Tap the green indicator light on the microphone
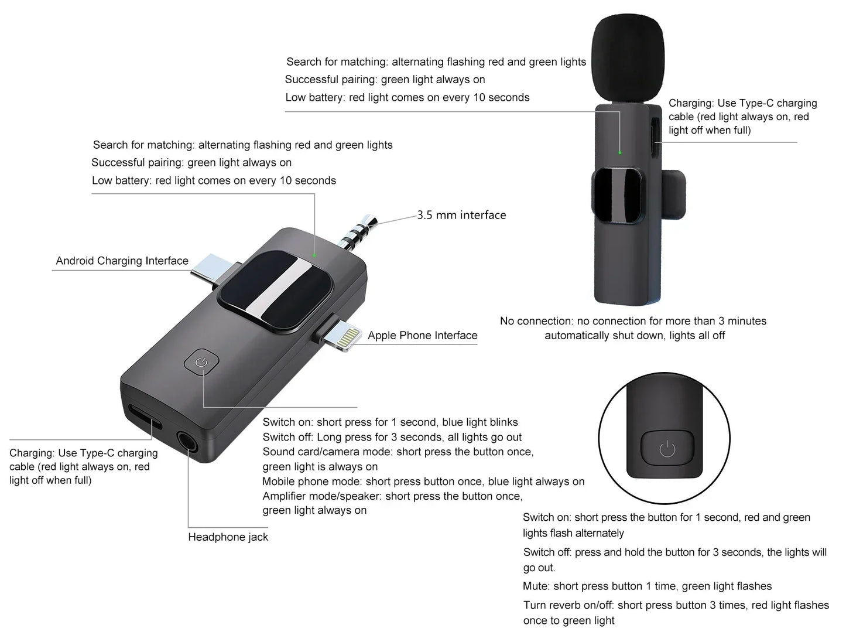(x=620, y=152)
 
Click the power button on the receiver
(x=201, y=363)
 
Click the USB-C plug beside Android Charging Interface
(x=208, y=270)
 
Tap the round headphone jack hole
(x=186, y=443)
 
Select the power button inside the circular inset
(x=667, y=450)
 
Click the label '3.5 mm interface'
(x=461, y=215)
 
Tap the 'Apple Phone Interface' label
(x=422, y=335)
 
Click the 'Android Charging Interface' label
(x=122, y=261)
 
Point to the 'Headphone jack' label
(x=228, y=537)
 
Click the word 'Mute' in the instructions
(x=536, y=586)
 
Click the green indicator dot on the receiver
(x=314, y=255)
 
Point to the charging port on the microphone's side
(x=656, y=136)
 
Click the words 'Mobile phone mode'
(x=311, y=482)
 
